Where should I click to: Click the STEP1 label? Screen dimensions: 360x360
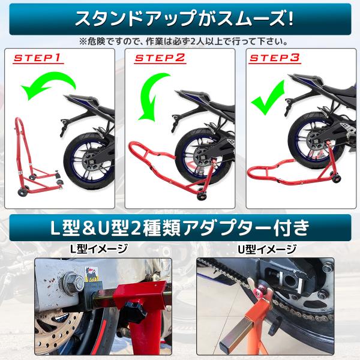click(x=37, y=58)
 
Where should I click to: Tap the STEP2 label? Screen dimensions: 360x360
click(x=160, y=58)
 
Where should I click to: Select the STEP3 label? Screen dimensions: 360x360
click(x=275, y=58)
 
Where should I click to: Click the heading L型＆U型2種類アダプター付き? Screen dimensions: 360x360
click(x=180, y=228)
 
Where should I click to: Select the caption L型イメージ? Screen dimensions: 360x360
click(x=99, y=249)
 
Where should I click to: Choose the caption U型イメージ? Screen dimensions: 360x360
click(x=267, y=249)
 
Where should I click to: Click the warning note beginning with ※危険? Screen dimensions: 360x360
click(x=184, y=41)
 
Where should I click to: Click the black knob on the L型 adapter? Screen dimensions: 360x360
click(x=134, y=310)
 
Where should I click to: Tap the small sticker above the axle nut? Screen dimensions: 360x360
click(x=91, y=273)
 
